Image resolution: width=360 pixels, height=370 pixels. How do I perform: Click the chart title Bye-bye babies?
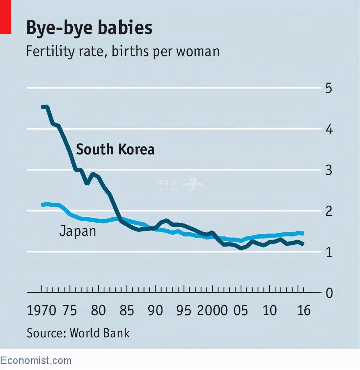pyautogui.click(x=89, y=28)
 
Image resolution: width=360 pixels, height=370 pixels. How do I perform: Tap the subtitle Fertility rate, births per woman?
pyautogui.click(x=123, y=52)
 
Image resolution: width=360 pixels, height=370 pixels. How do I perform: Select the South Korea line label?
pyautogui.click(x=115, y=149)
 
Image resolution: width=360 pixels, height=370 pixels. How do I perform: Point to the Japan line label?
pyautogui.click(x=77, y=231)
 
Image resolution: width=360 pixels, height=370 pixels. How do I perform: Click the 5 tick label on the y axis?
pyautogui.click(x=329, y=89)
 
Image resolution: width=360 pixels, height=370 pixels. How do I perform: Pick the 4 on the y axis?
pyautogui.click(x=329, y=129)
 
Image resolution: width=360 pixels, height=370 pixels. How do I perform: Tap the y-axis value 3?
pyautogui.click(x=329, y=170)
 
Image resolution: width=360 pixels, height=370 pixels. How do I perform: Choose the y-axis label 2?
pyautogui.click(x=329, y=211)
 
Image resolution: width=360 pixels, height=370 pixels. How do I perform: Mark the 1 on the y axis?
pyautogui.click(x=329, y=252)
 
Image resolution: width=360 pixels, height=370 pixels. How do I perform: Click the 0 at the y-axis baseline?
pyautogui.click(x=329, y=293)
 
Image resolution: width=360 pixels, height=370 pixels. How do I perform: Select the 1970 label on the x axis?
pyautogui.click(x=41, y=310)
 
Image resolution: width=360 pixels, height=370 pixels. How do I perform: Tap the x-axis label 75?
pyautogui.click(x=69, y=310)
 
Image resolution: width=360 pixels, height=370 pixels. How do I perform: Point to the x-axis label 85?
pyautogui.click(x=127, y=310)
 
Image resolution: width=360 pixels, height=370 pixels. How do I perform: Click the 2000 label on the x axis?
pyautogui.click(x=212, y=310)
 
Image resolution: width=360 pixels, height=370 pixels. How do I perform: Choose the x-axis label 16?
pyautogui.click(x=303, y=310)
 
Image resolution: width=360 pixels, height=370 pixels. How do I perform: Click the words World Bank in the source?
pyautogui.click(x=99, y=333)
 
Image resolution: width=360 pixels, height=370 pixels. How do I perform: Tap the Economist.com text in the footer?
pyautogui.click(x=36, y=360)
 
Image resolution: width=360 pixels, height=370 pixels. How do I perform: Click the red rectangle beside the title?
pyautogui.click(x=6, y=17)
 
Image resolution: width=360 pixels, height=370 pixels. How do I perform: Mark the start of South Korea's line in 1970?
pyautogui.click(x=43, y=107)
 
